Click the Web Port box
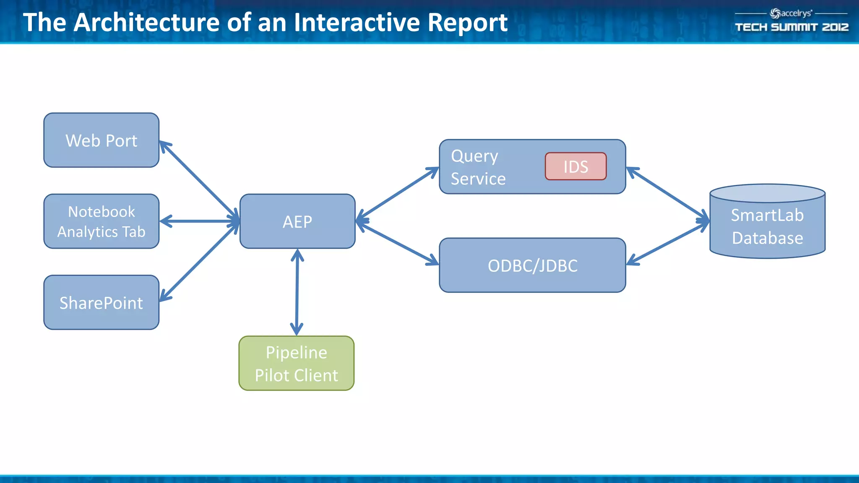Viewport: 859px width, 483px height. click(x=101, y=140)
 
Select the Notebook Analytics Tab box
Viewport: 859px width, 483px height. click(x=101, y=221)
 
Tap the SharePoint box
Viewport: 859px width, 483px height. click(x=101, y=302)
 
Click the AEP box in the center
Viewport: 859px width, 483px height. click(x=297, y=221)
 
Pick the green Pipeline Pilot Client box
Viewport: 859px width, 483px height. click(x=296, y=364)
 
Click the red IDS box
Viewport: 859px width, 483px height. click(x=575, y=166)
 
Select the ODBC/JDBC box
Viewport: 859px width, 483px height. click(x=532, y=265)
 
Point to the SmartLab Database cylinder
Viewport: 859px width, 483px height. click(x=767, y=226)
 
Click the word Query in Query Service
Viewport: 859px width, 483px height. click(x=474, y=156)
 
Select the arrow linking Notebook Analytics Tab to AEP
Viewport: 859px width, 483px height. click(x=199, y=221)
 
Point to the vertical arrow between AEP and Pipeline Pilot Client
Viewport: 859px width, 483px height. click(x=297, y=292)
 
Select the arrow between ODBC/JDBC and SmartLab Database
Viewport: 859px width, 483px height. click(x=667, y=244)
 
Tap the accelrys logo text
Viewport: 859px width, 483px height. click(x=795, y=13)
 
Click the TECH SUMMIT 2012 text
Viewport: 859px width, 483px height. click(x=791, y=27)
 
